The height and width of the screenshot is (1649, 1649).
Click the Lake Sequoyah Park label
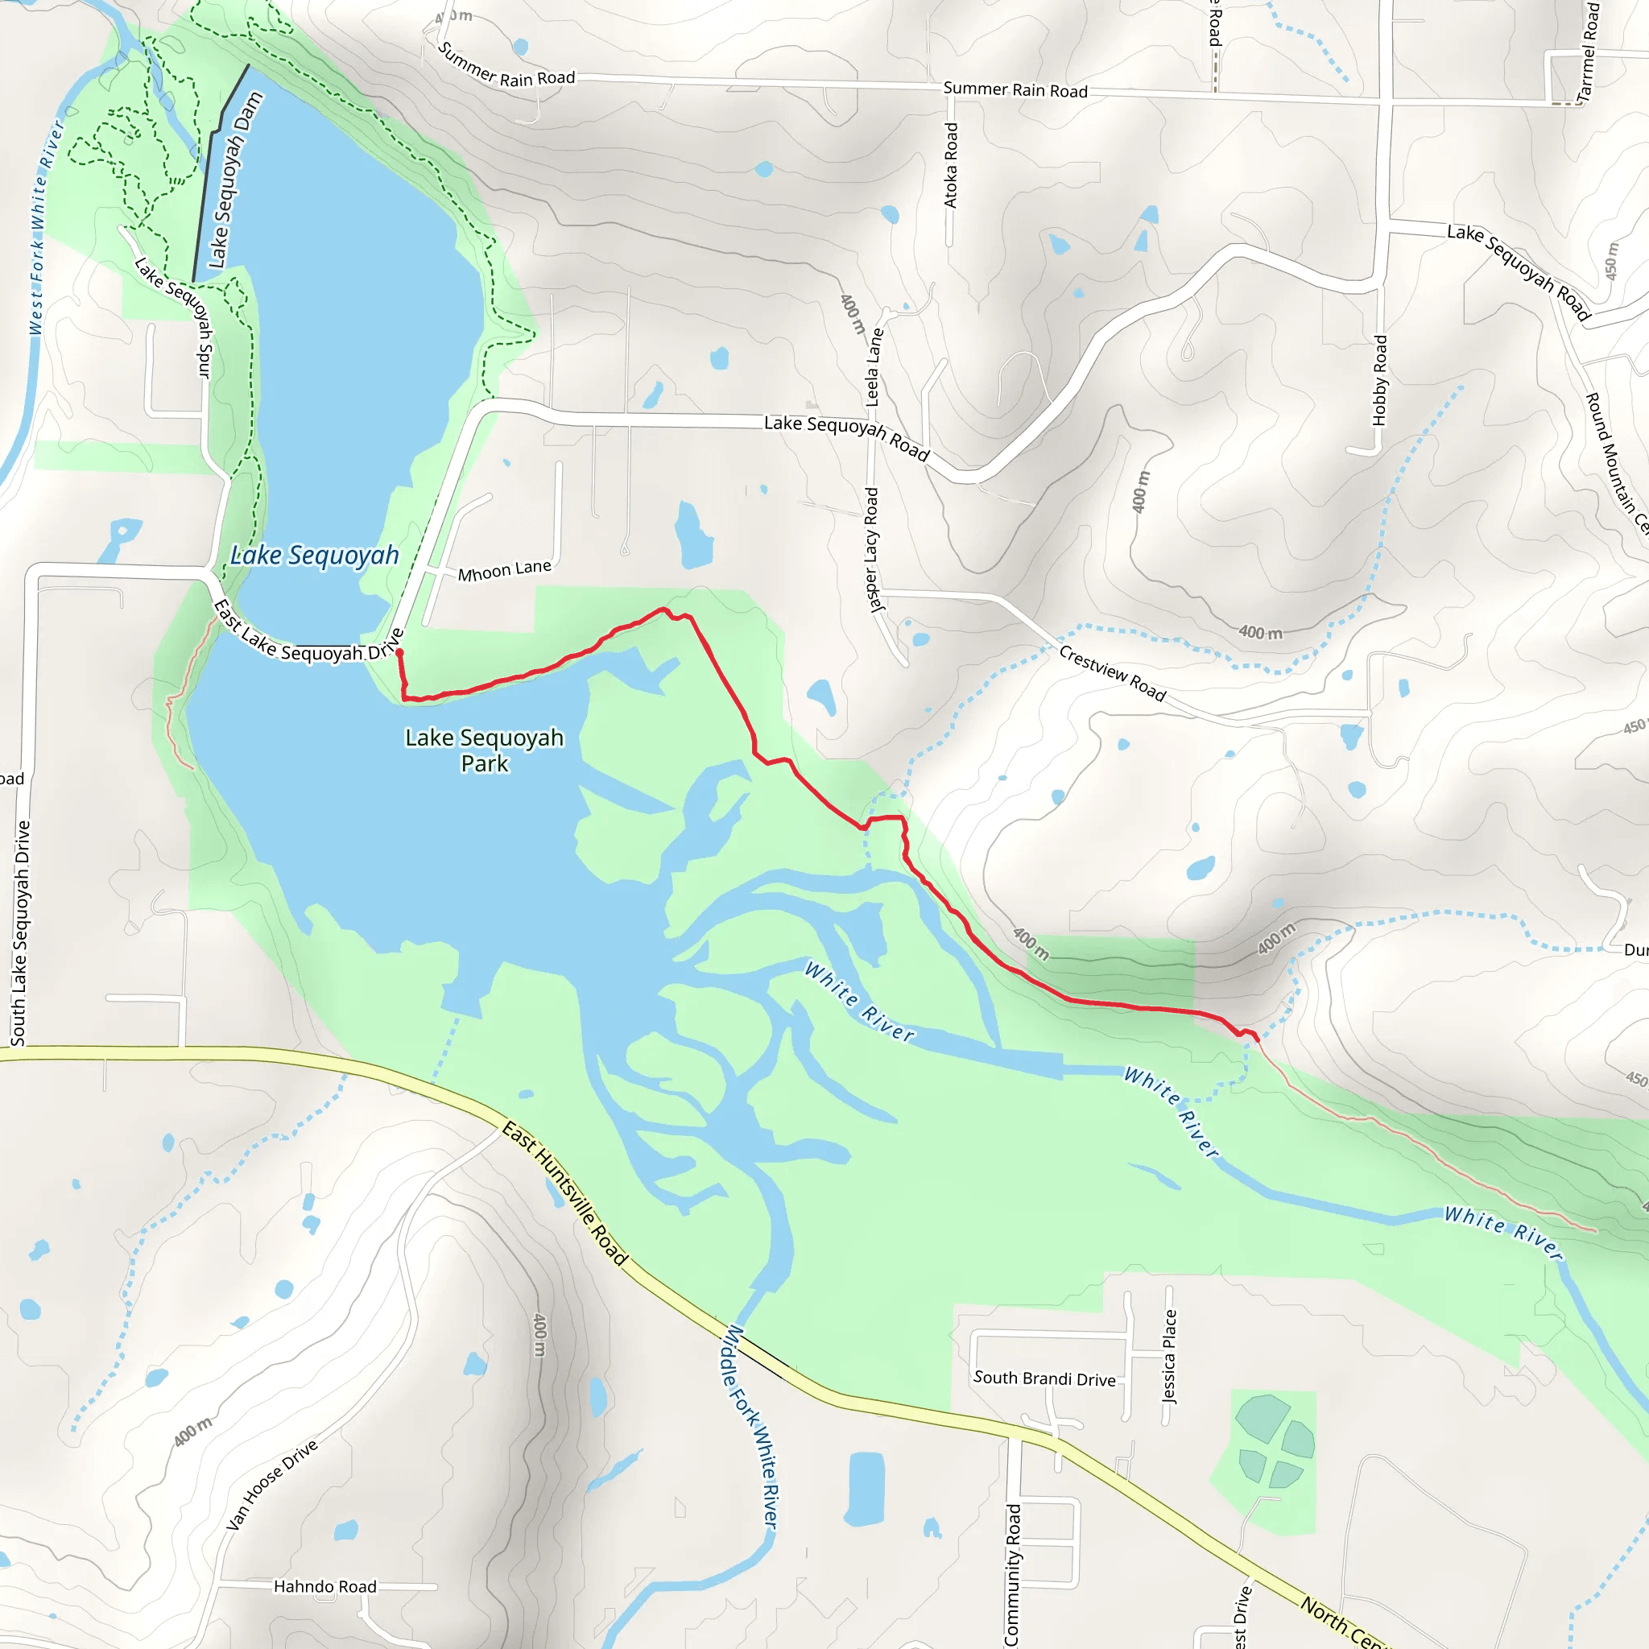484,750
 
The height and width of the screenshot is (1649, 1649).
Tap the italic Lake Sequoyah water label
314,556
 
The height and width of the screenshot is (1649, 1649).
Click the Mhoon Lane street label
503,570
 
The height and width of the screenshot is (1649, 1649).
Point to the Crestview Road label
1111,672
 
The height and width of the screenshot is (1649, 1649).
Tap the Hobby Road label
1379,381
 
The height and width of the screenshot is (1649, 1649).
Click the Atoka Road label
951,165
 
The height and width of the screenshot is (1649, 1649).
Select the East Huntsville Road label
564,1193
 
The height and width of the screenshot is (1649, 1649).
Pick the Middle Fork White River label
750,1425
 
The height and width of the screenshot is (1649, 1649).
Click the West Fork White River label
46,226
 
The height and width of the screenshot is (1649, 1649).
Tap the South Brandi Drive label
1044,1378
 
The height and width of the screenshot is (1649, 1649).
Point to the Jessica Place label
1169,1356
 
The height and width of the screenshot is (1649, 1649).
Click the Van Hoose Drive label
271,1485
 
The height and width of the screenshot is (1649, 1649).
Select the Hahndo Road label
324,1586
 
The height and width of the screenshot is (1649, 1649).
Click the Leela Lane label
874,367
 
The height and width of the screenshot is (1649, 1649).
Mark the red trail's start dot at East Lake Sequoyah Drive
399,653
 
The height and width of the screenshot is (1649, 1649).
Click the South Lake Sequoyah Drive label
20,933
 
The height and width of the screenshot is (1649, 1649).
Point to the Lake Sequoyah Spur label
174,316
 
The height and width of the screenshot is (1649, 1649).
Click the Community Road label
1012,1575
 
